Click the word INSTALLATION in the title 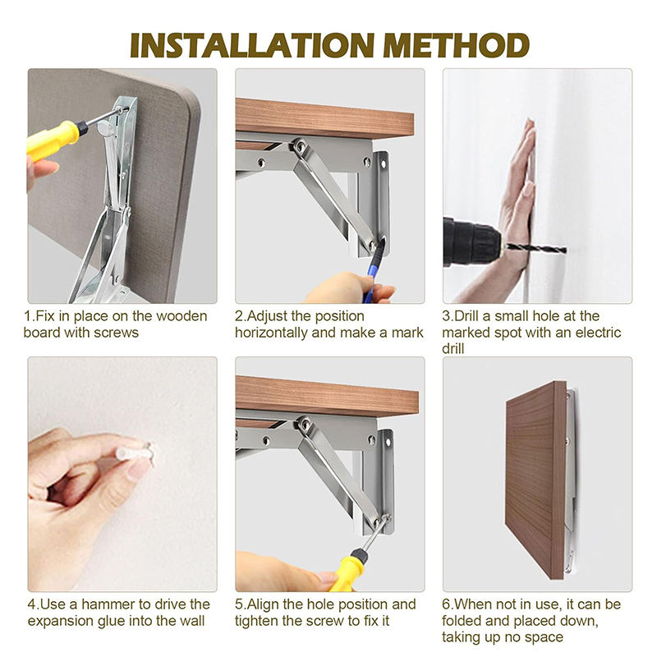pyautogui.click(x=252, y=45)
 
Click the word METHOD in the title pyautogui.click(x=457, y=45)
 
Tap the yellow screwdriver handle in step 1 pyautogui.click(x=53, y=139)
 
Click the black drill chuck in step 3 pyautogui.click(x=471, y=242)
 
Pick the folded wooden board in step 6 pyautogui.click(x=535, y=480)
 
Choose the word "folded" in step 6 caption pyautogui.click(x=462, y=621)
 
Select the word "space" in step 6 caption pyautogui.click(x=545, y=638)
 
